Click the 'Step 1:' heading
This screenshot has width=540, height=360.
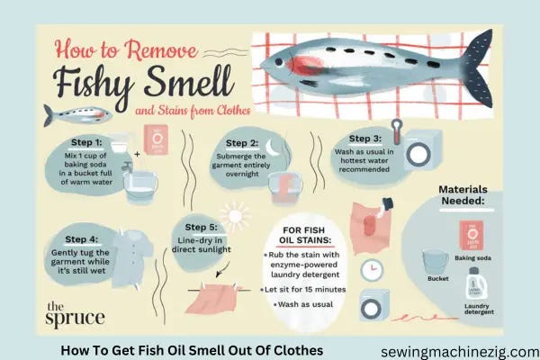(x=86, y=142)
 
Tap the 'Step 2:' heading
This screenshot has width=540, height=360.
(x=242, y=143)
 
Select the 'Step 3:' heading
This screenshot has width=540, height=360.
(x=365, y=139)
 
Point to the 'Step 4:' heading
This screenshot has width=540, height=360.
(x=81, y=239)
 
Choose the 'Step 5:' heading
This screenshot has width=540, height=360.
(x=201, y=227)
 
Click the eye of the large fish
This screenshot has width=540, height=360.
(x=279, y=62)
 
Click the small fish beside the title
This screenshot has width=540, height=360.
(x=77, y=115)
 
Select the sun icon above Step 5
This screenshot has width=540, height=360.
(x=236, y=216)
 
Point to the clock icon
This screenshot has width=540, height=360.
(x=372, y=270)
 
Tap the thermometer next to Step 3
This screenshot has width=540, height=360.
(x=397, y=131)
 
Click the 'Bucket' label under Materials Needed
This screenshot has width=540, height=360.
(x=437, y=278)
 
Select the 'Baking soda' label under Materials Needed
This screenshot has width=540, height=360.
(x=472, y=257)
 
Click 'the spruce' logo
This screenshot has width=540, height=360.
(x=75, y=313)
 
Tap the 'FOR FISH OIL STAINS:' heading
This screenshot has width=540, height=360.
(x=304, y=235)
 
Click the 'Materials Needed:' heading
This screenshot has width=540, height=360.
(x=463, y=195)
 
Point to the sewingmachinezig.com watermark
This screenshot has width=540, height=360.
(x=460, y=352)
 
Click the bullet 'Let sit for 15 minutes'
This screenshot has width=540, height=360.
(x=303, y=290)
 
